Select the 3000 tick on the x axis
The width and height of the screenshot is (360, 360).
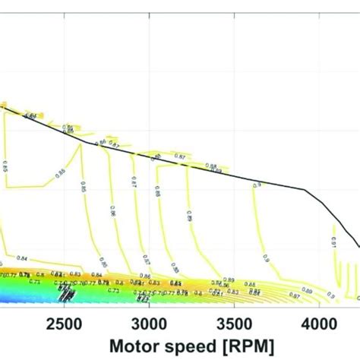(x=149, y=323)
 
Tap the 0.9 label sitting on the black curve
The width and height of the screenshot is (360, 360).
(x=257, y=183)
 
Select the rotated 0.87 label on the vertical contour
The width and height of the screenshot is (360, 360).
(x=134, y=182)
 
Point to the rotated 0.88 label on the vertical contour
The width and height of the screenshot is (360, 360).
(x=159, y=194)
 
